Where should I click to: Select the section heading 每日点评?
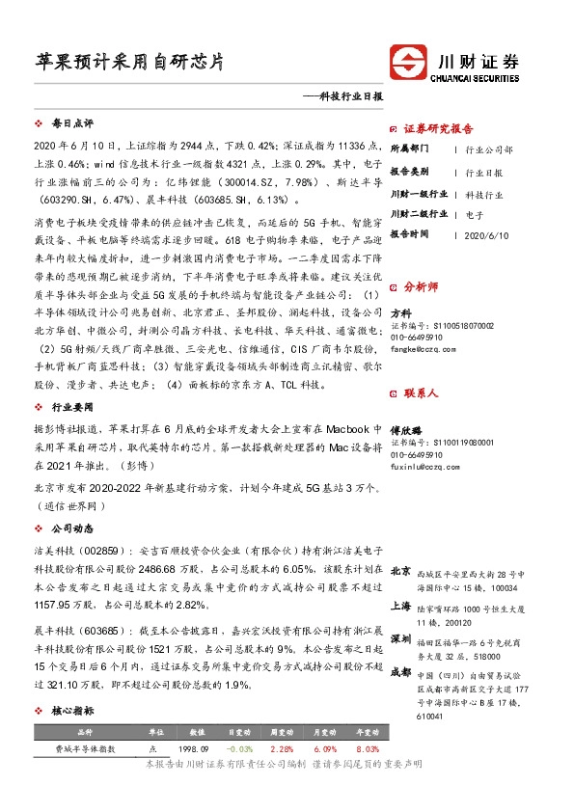click(x=72, y=124)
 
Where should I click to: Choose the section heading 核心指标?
click(x=72, y=710)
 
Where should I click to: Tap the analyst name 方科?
click(x=400, y=313)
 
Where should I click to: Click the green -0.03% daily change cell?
click(x=241, y=748)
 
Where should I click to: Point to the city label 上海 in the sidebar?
click(x=400, y=606)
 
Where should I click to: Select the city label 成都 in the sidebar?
click(x=400, y=672)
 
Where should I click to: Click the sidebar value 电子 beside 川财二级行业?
click(x=474, y=213)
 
